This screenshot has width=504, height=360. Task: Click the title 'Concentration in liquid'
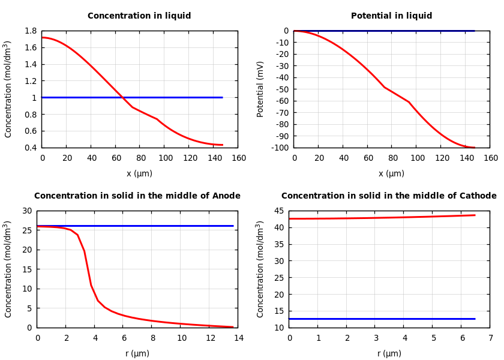[139, 16]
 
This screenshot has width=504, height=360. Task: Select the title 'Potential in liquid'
[391, 16]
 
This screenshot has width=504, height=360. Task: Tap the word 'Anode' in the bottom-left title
[226, 196]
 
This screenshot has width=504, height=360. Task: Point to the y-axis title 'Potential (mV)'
[260, 89]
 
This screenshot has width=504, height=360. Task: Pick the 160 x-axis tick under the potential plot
[490, 158]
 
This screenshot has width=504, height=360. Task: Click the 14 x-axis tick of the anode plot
[238, 338]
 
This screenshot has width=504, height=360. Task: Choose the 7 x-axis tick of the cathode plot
[490, 338]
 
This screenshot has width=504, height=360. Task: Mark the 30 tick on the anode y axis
[26, 211]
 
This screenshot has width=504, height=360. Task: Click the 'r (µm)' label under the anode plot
[137, 353]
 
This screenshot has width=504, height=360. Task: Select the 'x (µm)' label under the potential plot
[391, 173]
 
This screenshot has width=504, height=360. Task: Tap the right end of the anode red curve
[233, 327]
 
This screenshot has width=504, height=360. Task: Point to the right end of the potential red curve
[474, 148]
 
